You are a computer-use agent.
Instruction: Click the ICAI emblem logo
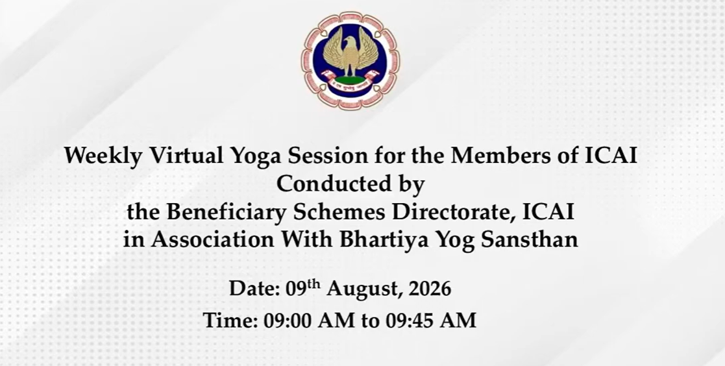coord(350,60)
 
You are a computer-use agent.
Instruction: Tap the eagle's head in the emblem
coord(351,43)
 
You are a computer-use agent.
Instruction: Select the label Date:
coord(255,289)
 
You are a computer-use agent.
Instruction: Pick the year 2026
coord(430,289)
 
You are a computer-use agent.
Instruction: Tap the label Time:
coord(230,321)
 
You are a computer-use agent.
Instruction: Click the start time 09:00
coord(288,321)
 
